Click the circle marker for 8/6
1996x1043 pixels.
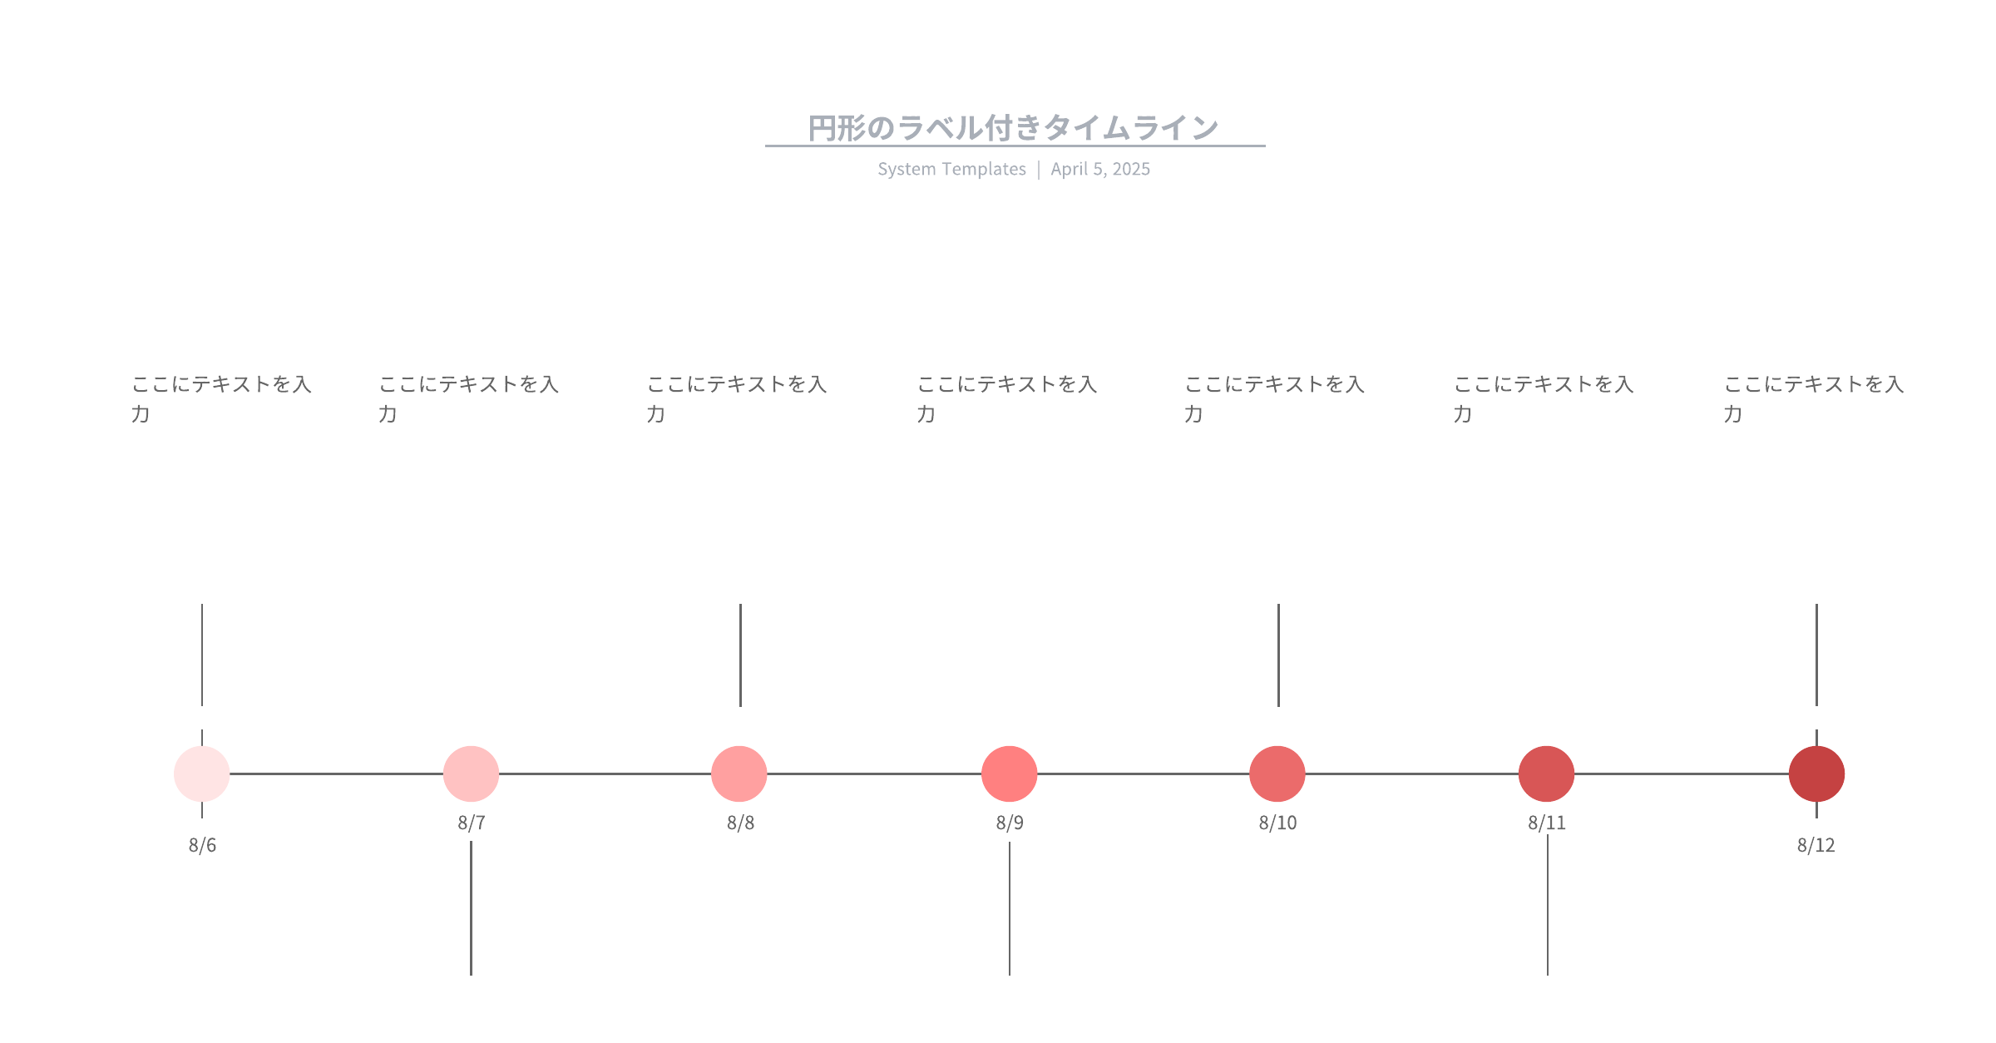(202, 774)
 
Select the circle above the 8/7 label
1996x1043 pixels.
(471, 774)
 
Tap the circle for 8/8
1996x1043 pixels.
(739, 774)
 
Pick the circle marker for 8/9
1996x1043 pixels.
(1010, 774)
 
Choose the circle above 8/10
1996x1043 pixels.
(1277, 774)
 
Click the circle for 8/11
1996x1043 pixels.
(1547, 774)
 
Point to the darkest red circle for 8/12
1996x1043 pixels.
(1817, 774)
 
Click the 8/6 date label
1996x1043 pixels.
(202, 845)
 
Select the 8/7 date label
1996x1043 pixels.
(472, 823)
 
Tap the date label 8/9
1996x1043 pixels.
(1010, 823)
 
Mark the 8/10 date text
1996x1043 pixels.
(1277, 823)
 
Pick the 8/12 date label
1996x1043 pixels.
(1816, 845)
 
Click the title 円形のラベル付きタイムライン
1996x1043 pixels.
(1014, 128)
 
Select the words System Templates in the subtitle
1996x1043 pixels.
(952, 169)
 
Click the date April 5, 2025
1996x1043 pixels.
(1100, 169)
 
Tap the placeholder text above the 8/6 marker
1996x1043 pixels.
(221, 398)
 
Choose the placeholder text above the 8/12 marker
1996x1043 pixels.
(1814, 398)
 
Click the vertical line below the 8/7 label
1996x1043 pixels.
(471, 908)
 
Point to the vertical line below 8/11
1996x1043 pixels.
(1548, 905)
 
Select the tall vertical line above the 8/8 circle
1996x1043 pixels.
(740, 655)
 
